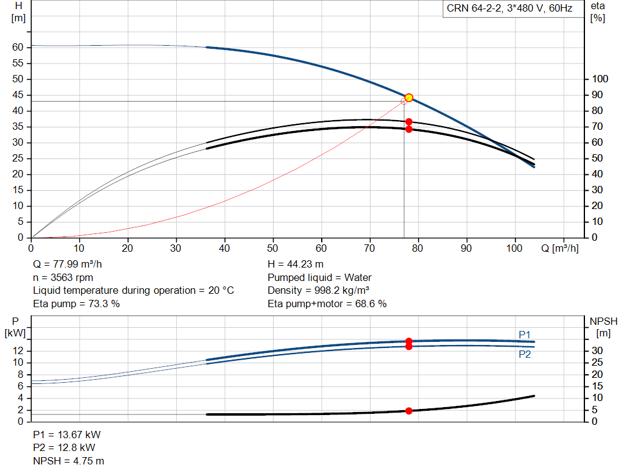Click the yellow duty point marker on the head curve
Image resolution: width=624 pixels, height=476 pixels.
point(409,98)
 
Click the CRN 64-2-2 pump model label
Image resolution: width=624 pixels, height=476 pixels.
point(509,9)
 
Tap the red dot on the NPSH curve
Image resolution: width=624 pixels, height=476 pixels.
point(409,411)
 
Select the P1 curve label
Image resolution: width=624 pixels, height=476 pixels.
point(525,335)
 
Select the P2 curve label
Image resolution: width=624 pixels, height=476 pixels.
point(525,354)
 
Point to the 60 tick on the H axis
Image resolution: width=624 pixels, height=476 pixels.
point(18,47)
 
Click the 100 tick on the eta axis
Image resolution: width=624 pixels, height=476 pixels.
point(600,79)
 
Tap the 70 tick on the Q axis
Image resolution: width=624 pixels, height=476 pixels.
point(370,248)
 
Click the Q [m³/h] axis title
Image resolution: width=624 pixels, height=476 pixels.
point(560,248)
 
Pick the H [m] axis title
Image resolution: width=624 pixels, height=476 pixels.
point(18,12)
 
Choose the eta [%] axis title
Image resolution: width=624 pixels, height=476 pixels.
point(598,12)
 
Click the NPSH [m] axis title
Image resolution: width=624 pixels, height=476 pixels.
point(603,327)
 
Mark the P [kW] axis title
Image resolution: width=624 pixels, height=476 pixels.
point(15,327)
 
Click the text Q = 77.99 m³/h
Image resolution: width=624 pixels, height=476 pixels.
point(67,265)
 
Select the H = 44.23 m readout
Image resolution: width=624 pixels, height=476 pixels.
point(296,265)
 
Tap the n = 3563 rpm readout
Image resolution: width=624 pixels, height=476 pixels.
point(63,277)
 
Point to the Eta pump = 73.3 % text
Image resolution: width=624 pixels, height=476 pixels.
point(76,304)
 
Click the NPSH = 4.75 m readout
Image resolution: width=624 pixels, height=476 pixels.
point(68,461)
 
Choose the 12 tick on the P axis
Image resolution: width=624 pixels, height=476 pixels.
point(18,350)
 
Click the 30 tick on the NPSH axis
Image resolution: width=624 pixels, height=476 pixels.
point(597,350)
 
